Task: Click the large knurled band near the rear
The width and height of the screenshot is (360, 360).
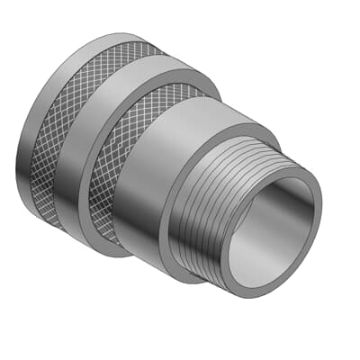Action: pos(67,135)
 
